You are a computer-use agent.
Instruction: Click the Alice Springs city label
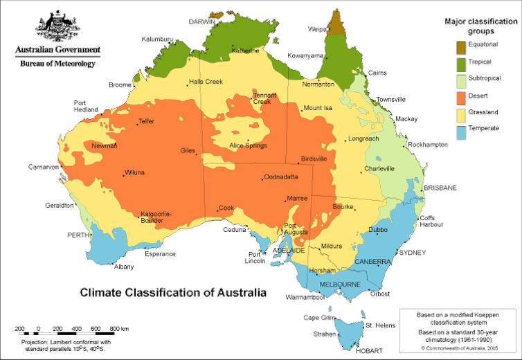(249, 145)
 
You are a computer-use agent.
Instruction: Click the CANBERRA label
(373, 262)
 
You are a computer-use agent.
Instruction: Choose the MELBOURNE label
(340, 285)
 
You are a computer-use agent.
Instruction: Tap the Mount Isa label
(318, 108)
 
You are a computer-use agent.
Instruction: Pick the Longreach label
(363, 138)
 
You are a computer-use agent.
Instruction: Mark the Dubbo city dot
(377, 234)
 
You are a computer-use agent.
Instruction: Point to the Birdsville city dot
(298, 163)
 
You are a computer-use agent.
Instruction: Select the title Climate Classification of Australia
(172, 293)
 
